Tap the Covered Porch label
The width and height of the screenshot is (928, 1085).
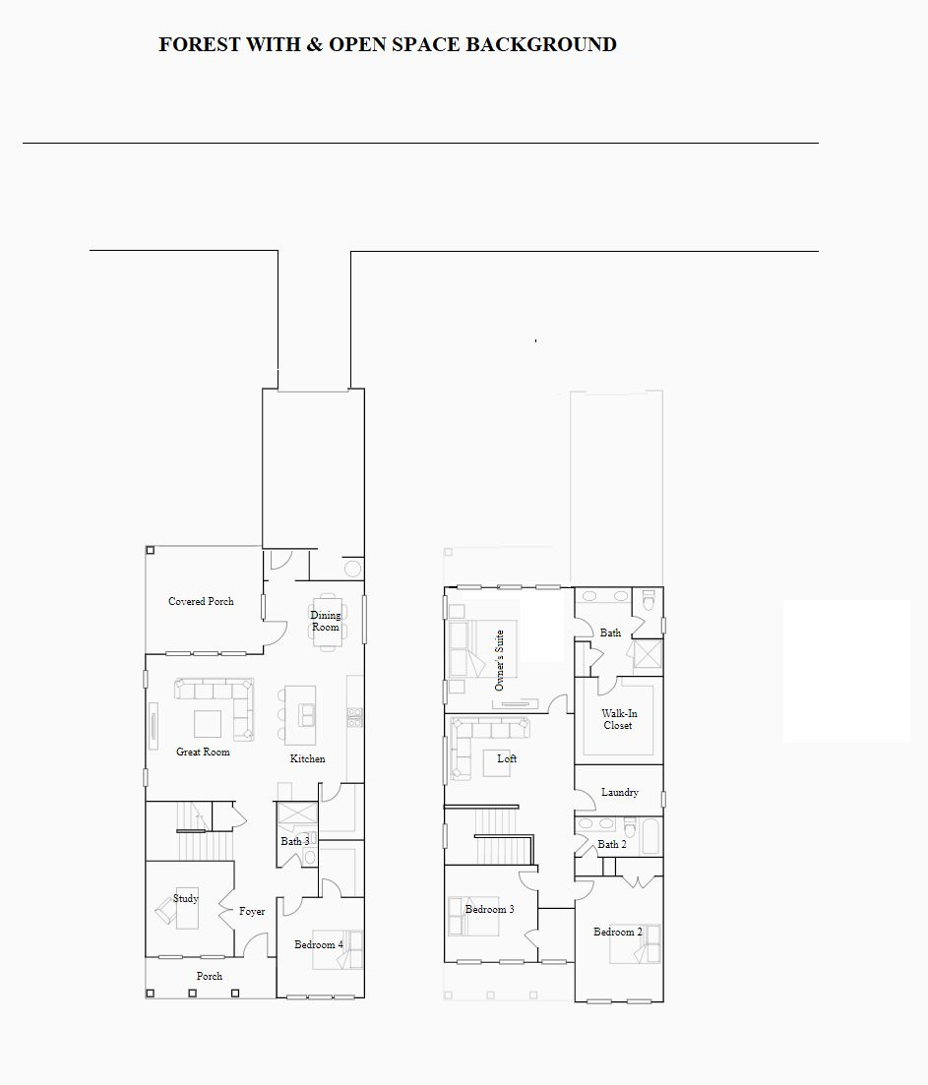201,601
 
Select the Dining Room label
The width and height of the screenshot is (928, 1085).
326,621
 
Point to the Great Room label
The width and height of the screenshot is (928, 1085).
203,752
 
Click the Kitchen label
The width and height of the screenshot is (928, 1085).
307,758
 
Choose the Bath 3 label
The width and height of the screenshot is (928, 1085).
295,841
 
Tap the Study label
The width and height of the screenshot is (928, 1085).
185,898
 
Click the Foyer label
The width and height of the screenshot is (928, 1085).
252,911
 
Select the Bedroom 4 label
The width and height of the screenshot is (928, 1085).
318,944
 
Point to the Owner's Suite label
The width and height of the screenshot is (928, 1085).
499,660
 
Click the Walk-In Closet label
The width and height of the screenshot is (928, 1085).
619,719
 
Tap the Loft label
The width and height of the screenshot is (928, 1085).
507,758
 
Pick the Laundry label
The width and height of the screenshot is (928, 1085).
619,792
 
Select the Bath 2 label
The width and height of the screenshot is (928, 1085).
612,844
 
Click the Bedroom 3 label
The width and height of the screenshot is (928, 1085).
489,909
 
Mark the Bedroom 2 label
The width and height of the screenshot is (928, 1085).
617,933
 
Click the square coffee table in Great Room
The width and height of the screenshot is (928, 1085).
208,724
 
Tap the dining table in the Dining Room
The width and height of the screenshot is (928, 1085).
326,622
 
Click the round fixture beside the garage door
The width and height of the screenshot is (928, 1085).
353,569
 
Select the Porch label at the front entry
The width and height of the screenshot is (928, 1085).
209,976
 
